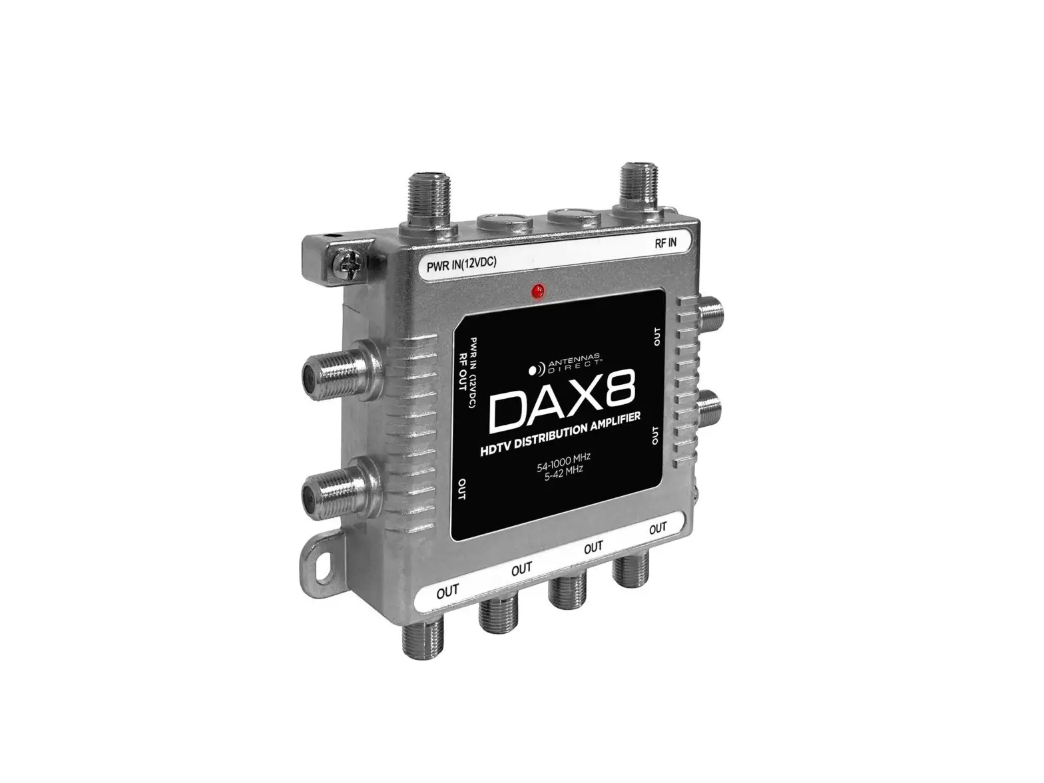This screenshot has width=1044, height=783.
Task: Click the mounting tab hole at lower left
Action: [326, 559]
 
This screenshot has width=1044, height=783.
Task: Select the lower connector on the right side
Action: [712, 407]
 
